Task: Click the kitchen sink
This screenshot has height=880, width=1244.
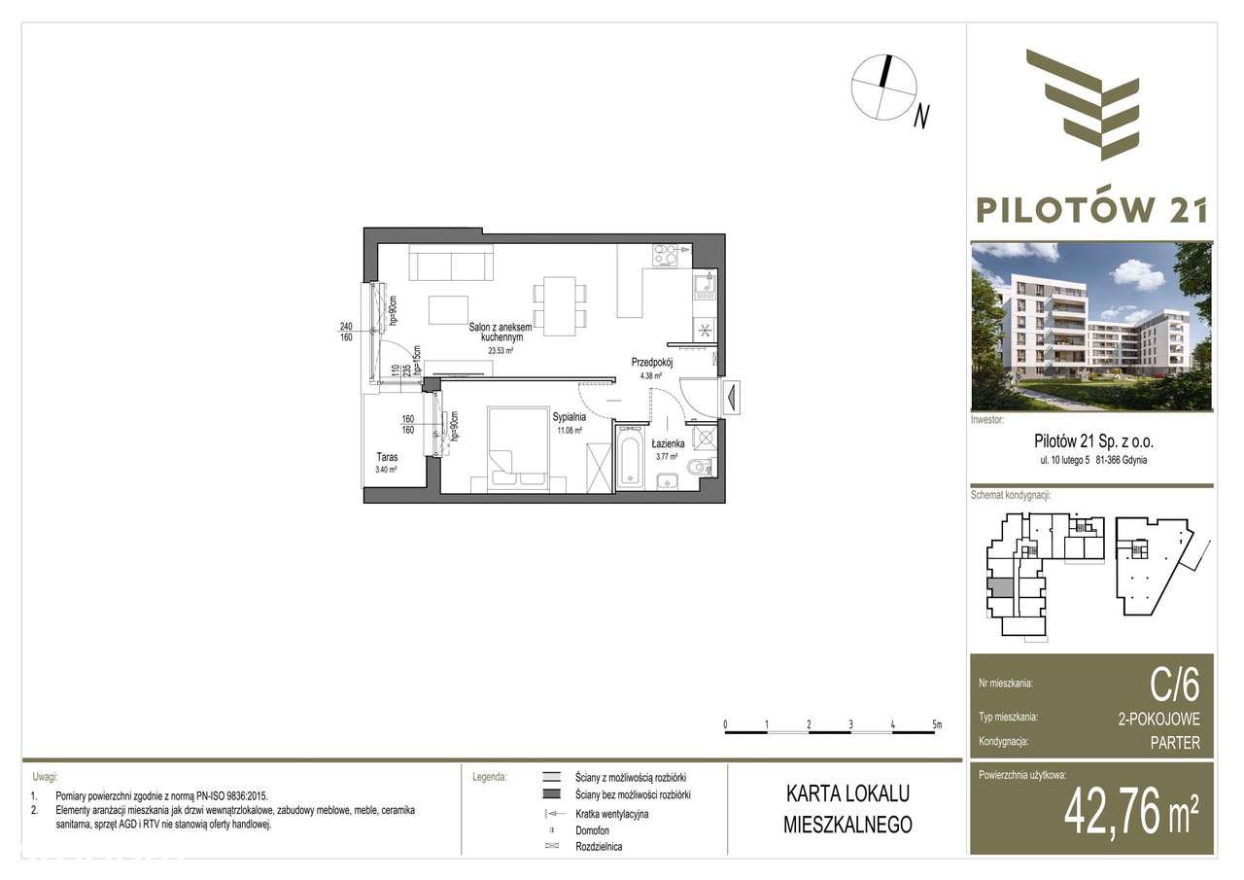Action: [703, 286]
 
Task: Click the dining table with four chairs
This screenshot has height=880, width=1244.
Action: [558, 304]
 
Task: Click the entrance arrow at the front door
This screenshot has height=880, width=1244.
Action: [730, 396]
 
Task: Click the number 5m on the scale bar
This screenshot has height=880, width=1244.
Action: [935, 724]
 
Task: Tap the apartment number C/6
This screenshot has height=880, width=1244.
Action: [1174, 686]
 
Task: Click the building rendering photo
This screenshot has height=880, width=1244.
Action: [1091, 325]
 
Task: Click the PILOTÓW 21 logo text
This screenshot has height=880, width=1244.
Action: [1091, 207]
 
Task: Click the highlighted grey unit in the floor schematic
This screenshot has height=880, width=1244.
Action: [999, 587]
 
